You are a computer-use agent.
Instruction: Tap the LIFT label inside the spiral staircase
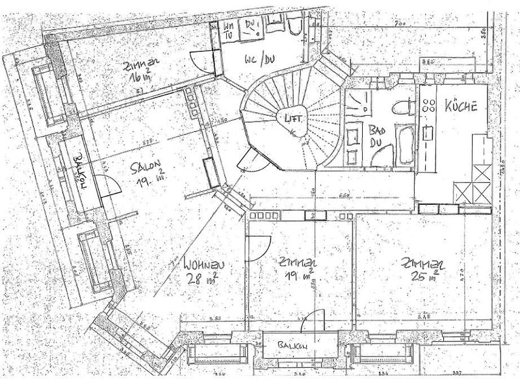click(x=287, y=118)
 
